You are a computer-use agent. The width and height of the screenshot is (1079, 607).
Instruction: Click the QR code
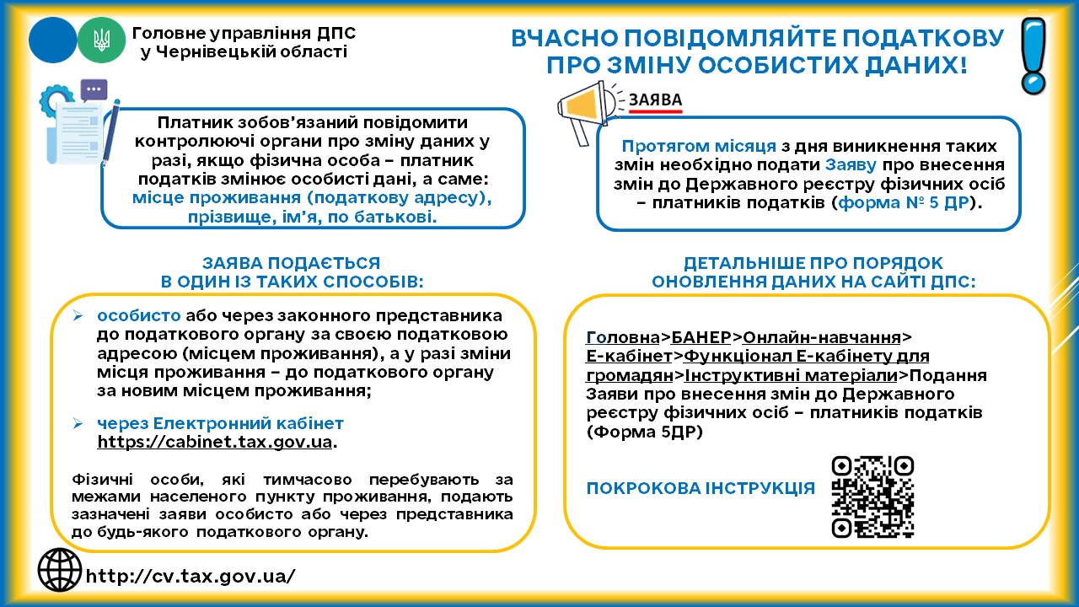(872, 497)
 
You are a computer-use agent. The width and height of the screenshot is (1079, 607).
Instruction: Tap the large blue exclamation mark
(1033, 55)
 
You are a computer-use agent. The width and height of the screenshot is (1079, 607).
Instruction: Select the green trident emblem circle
(100, 39)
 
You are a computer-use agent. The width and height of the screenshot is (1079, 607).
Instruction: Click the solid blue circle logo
(52, 39)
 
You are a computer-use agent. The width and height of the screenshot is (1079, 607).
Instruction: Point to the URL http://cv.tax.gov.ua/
(191, 576)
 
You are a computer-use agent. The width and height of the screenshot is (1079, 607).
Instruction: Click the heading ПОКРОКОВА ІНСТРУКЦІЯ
(701, 488)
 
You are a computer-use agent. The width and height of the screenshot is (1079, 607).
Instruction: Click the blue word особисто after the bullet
(139, 315)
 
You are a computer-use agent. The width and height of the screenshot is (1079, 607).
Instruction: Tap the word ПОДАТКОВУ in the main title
(905, 40)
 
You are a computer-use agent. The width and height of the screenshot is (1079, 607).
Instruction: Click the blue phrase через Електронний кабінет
(220, 423)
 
